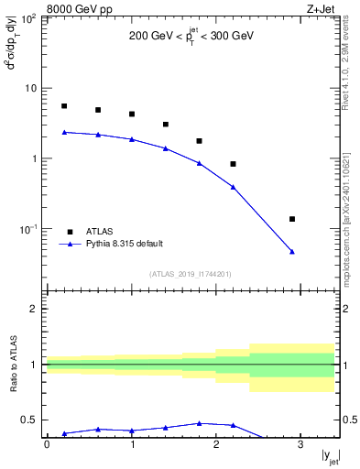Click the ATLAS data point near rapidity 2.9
(x=292, y=219)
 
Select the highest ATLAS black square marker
(x=64, y=106)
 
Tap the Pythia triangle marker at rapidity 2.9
(x=292, y=251)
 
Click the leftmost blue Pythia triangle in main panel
(x=64, y=132)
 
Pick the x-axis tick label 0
(x=47, y=445)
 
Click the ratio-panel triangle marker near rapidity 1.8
(x=200, y=423)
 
